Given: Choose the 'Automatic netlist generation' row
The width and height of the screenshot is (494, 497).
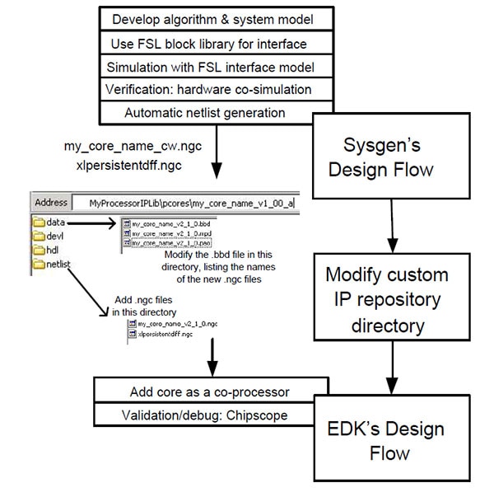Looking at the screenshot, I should [205, 111].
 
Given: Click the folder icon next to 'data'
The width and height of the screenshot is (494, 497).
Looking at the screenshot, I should [43, 222].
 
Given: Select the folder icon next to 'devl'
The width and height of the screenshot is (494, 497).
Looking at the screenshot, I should [43, 236].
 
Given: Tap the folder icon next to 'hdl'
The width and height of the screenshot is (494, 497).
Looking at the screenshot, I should [43, 251].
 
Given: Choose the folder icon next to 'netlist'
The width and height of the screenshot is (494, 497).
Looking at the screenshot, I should [43, 265].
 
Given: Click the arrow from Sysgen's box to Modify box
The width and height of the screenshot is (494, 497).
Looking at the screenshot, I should [394, 223].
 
